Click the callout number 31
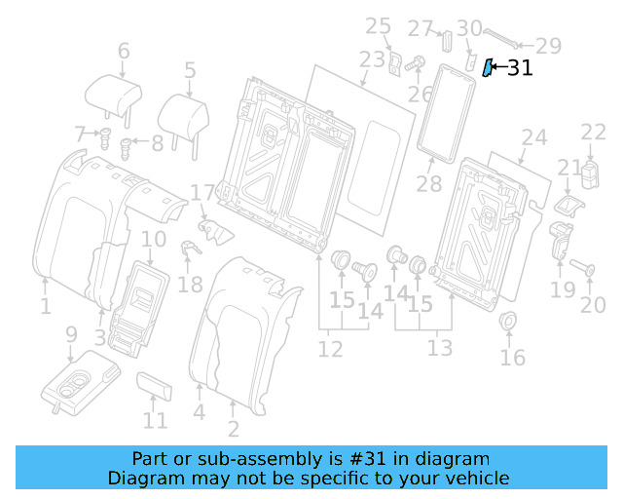520,67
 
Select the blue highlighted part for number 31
490,68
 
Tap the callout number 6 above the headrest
124,51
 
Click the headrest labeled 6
114,96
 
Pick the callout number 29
549,44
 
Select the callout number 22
594,133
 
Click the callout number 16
512,358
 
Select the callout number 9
71,334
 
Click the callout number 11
155,421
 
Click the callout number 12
330,348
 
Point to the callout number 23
373,59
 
